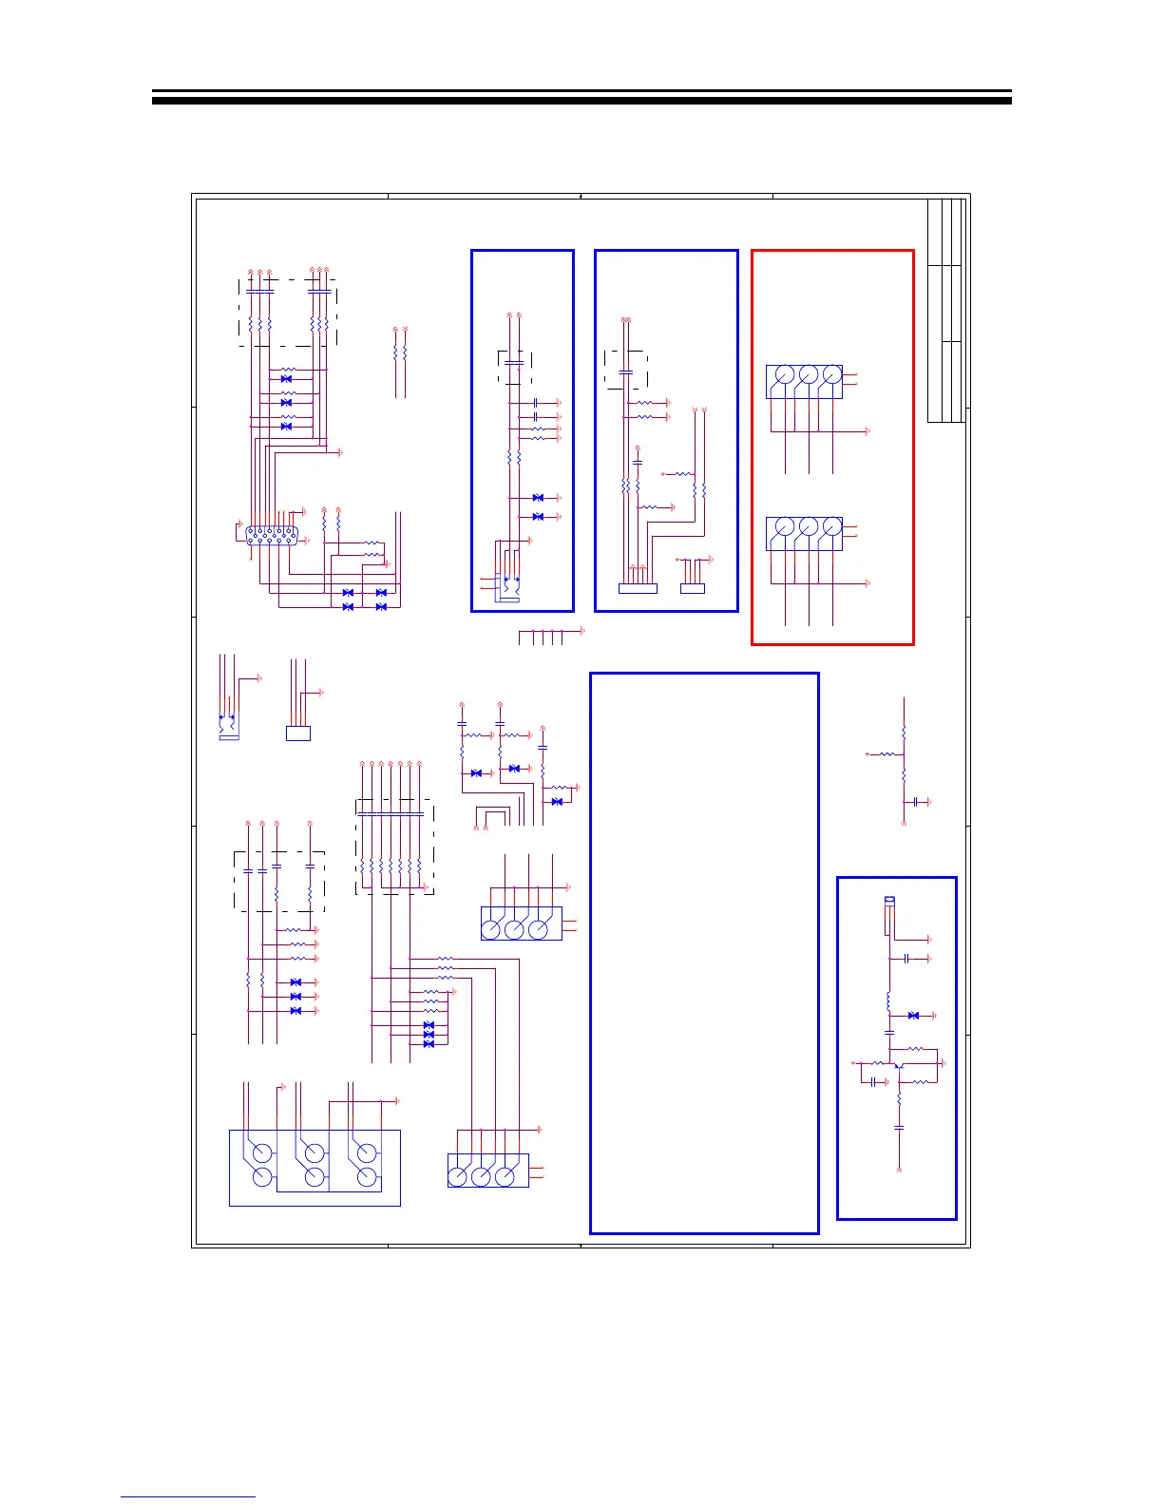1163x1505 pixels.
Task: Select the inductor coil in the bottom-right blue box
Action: tap(888, 1001)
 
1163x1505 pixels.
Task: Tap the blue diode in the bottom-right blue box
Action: tap(913, 1016)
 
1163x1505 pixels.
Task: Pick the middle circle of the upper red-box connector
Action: tap(808, 375)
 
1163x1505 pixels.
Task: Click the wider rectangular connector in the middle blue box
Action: tap(638, 589)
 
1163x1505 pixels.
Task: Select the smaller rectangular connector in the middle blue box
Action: tap(693, 589)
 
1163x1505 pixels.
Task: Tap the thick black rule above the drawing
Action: tap(581, 97)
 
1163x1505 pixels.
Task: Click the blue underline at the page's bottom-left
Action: tap(188, 1496)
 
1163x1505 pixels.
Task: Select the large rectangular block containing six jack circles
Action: tap(315, 1168)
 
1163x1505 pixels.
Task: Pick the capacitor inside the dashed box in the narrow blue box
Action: tap(515, 362)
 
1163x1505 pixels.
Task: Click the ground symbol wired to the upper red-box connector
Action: tap(867, 431)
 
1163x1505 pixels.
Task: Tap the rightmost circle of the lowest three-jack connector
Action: tap(505, 1176)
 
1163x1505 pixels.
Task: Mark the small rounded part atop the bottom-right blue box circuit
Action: tap(889, 900)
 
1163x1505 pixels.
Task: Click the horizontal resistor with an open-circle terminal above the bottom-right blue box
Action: tap(885, 754)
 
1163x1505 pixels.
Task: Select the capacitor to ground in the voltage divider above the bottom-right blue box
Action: tap(915, 802)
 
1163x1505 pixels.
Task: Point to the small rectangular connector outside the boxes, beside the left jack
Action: tap(297, 733)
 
